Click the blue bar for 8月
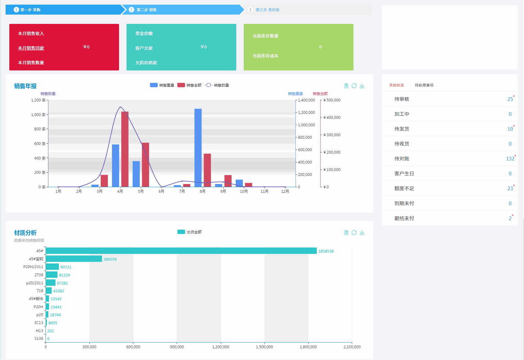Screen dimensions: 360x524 (198, 148)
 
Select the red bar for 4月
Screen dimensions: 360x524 (125, 149)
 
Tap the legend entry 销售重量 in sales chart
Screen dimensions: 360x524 (162, 85)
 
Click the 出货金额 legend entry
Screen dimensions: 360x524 (189, 232)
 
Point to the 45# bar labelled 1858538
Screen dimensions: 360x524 (181, 251)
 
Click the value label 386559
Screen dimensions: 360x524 (110, 259)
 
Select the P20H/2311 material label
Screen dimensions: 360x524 (33, 267)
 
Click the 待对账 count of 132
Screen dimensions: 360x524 (510, 159)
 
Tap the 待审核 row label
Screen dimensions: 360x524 (402, 99)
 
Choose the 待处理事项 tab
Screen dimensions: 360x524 (424, 85)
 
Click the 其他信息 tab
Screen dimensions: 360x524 (397, 85)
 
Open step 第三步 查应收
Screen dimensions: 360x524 (267, 10)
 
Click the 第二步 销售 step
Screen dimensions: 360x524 (146, 10)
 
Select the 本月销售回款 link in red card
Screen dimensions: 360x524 (31, 48)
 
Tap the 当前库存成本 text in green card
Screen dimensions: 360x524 (265, 56)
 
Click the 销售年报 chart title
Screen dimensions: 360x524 (25, 86)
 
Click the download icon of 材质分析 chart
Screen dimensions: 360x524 (362, 233)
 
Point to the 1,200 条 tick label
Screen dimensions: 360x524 (38, 100)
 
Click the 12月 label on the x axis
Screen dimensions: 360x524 (285, 191)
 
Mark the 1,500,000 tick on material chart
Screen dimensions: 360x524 (264, 347)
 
